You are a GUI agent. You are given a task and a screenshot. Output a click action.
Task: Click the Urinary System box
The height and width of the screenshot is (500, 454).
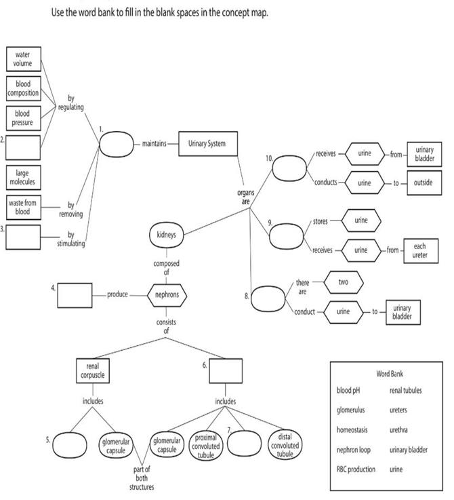pos(207,144)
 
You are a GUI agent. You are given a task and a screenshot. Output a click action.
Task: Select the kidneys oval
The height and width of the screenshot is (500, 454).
pos(166,235)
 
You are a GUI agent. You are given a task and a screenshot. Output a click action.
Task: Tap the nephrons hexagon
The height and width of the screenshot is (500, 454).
pos(167,295)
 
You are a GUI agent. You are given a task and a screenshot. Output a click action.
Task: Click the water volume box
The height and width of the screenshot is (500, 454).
pos(24,59)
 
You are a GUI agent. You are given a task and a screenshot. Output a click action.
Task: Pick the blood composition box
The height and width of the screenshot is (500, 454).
pos(23,88)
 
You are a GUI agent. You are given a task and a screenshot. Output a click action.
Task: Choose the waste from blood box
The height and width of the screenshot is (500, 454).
pos(23,207)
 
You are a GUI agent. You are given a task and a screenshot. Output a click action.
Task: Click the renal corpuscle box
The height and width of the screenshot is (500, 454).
pos(92,370)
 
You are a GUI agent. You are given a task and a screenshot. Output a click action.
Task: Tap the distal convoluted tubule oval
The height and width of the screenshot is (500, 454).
pos(285,445)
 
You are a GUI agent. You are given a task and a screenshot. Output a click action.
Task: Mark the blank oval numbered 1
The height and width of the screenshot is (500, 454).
pos(117,144)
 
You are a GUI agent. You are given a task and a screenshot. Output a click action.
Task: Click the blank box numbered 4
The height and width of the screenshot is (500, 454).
pos(75,295)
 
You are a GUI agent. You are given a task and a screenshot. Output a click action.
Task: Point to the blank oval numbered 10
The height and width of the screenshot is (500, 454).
pos(289,168)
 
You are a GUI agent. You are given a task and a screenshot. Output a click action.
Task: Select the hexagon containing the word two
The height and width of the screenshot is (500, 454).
pos(343,280)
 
